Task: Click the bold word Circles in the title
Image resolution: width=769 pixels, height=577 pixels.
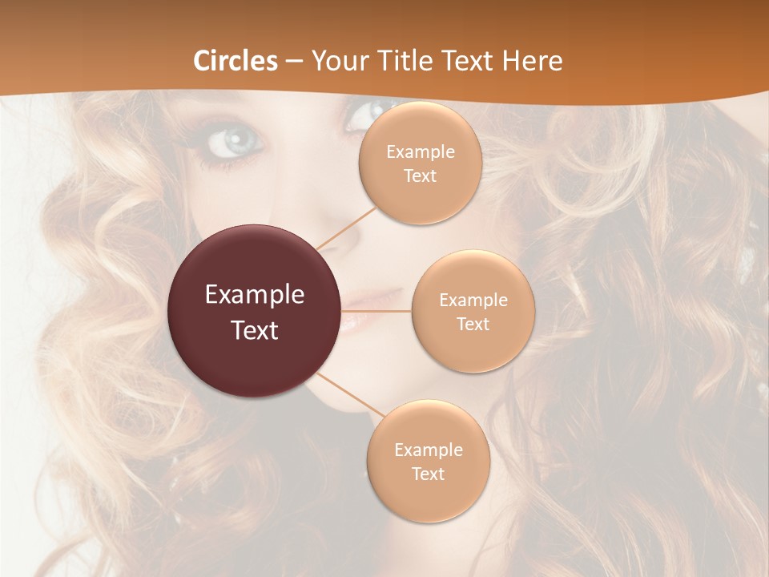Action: pos(236,61)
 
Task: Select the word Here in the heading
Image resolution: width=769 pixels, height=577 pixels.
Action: pos(533,61)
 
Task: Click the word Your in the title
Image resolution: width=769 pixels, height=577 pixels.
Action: pos(336,61)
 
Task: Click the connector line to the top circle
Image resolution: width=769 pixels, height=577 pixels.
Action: pos(346,226)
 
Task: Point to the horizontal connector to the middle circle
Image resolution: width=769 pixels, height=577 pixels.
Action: pos(376,311)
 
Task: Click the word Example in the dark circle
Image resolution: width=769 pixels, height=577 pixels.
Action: pos(255,295)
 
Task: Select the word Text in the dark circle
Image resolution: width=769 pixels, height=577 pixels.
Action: pos(255,329)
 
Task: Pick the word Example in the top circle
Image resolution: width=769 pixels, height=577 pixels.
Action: pos(420,152)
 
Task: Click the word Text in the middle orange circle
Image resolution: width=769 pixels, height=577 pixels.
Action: pos(473,324)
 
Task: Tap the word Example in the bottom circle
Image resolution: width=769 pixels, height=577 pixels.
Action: pos(428,450)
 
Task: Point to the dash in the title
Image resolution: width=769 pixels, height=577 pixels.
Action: pos(294,61)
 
